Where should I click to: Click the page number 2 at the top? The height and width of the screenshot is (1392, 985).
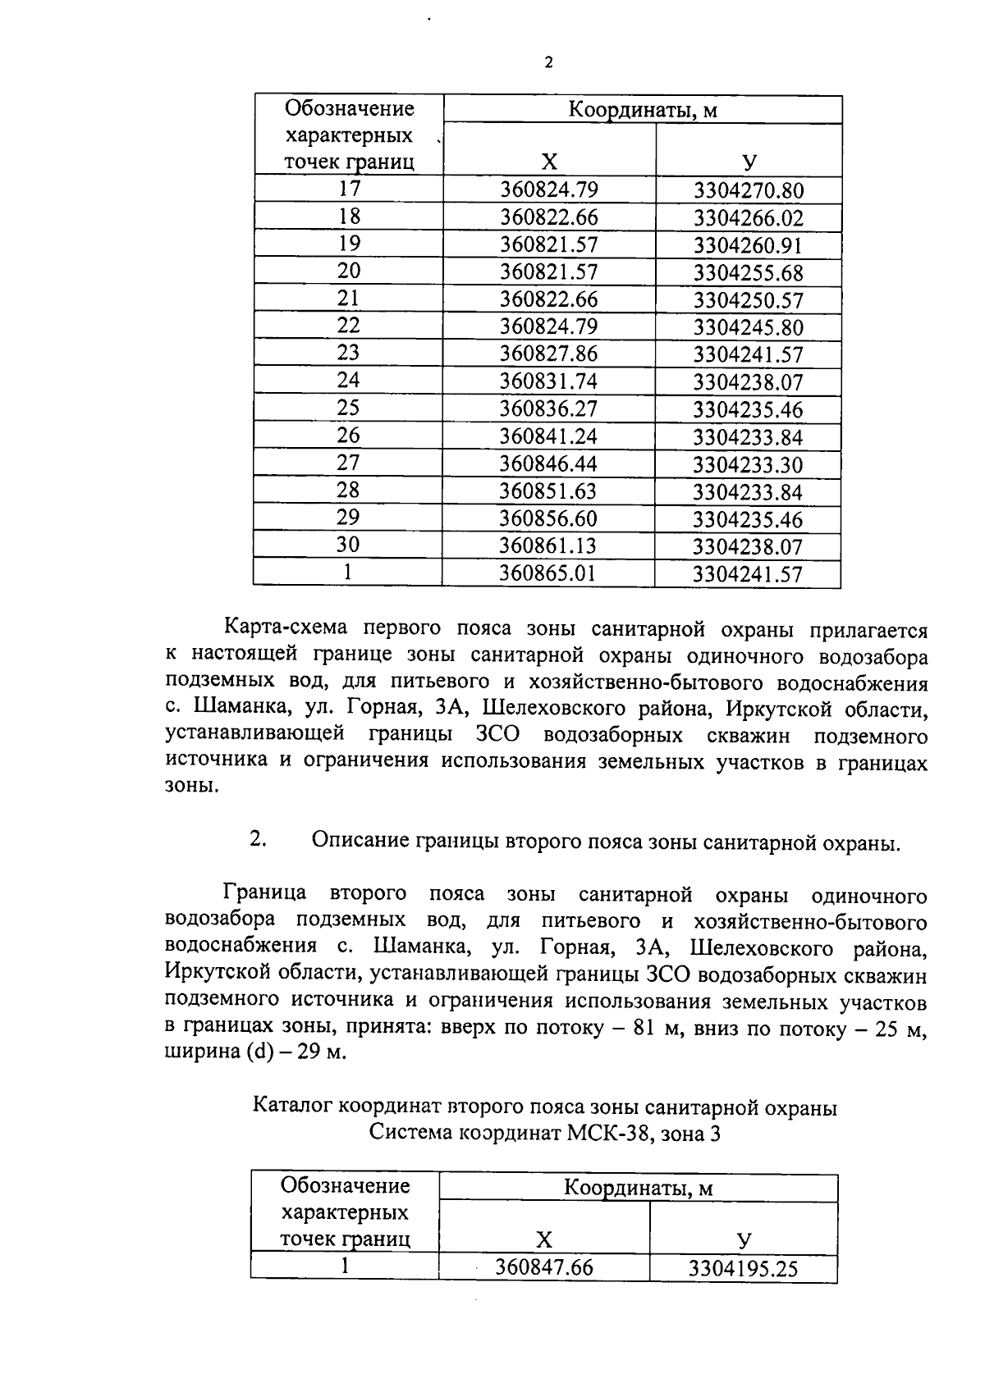(548, 62)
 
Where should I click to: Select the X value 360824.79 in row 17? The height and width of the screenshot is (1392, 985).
(549, 190)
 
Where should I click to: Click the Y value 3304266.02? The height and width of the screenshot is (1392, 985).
(748, 218)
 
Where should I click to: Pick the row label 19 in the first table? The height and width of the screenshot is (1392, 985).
(349, 244)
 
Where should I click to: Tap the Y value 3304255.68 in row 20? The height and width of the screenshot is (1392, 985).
(748, 273)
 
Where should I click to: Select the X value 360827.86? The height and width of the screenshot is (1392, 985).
(549, 354)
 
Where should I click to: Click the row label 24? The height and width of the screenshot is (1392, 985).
(349, 381)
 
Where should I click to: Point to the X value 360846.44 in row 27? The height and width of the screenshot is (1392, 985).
(549, 464)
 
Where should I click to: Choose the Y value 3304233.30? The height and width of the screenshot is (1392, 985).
(748, 465)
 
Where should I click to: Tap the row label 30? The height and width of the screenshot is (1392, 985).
(349, 545)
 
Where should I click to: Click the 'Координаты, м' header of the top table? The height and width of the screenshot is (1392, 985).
(643, 111)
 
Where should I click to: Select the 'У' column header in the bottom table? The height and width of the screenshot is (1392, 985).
(744, 1239)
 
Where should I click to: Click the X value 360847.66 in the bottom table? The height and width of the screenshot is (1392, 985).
(543, 1268)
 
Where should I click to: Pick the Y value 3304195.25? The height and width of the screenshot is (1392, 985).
(743, 1270)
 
